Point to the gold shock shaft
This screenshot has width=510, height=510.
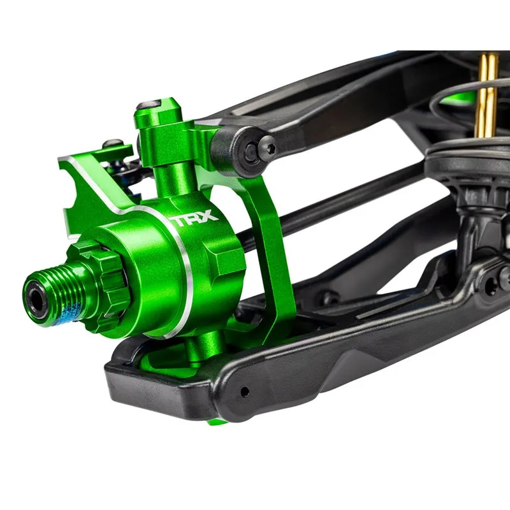point(486,94)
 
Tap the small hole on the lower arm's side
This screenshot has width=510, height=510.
point(244,391)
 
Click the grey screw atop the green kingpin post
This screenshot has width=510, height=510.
point(149,105)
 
